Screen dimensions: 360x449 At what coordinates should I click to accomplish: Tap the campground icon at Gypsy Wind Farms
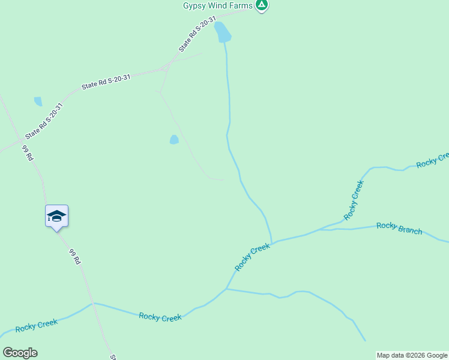click(261, 5)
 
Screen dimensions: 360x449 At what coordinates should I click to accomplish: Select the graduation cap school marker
click(56, 216)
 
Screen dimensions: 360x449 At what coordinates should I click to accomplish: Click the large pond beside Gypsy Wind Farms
click(223, 32)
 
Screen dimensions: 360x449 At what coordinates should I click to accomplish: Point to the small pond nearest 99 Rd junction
click(38, 101)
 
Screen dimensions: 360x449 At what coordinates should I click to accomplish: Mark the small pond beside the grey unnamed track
click(174, 140)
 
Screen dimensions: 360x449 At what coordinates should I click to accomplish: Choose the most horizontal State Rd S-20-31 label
click(106, 82)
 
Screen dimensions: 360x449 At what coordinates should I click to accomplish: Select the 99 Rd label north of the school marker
click(28, 153)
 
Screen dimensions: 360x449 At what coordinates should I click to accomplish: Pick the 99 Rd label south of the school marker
click(75, 257)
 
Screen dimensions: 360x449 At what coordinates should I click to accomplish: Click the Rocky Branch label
click(399, 228)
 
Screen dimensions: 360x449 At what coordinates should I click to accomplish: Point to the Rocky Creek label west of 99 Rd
click(37, 325)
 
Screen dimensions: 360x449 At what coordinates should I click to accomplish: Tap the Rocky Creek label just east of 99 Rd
click(160, 317)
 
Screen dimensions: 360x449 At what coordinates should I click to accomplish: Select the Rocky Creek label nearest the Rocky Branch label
click(354, 200)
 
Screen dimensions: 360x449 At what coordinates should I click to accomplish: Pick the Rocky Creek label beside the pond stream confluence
click(252, 256)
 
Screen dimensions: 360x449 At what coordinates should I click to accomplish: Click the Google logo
click(20, 353)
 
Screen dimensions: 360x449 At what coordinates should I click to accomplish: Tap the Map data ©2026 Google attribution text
click(412, 355)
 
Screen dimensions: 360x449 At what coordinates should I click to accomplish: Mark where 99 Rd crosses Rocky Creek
click(93, 304)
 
